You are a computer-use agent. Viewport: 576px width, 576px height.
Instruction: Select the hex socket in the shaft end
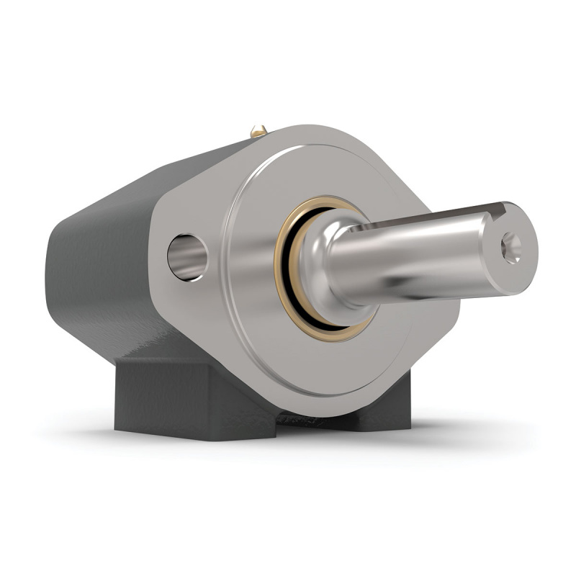click(x=512, y=247)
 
